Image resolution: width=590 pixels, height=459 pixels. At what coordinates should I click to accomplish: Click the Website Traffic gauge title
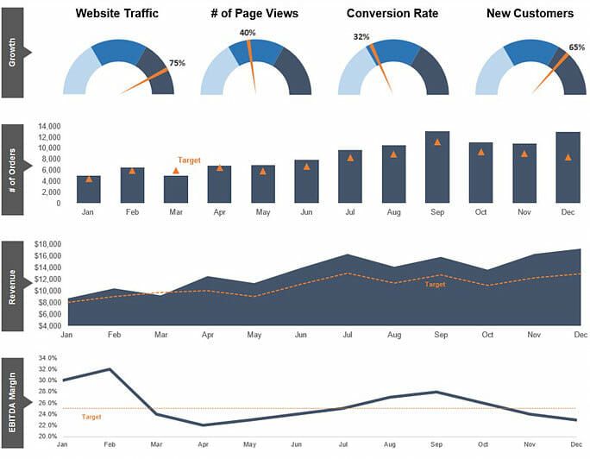117,14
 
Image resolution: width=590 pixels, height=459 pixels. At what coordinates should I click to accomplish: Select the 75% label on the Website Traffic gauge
177,63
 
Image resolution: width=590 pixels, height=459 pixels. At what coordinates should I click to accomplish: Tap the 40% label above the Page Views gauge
247,33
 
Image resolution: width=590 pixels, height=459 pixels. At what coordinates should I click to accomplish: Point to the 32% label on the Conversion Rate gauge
361,37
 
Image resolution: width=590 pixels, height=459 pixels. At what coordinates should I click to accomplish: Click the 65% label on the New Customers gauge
577,48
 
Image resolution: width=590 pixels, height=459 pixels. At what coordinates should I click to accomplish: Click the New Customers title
530,14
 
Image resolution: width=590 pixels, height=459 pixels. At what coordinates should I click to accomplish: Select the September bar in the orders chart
437,167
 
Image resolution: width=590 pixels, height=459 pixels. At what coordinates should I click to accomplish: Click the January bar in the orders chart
89,189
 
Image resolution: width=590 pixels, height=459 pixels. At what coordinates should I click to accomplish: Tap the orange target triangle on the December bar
568,157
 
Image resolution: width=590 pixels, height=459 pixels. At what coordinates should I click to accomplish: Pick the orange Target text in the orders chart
189,160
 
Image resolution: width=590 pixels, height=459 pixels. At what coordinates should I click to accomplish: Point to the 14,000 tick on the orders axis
48,126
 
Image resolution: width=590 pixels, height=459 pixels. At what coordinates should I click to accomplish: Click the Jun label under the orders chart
306,211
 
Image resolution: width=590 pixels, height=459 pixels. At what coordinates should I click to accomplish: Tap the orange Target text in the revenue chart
436,285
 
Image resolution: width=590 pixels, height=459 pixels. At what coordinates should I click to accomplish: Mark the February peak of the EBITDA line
110,369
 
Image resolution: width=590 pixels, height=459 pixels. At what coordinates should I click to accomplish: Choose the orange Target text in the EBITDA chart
91,417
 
